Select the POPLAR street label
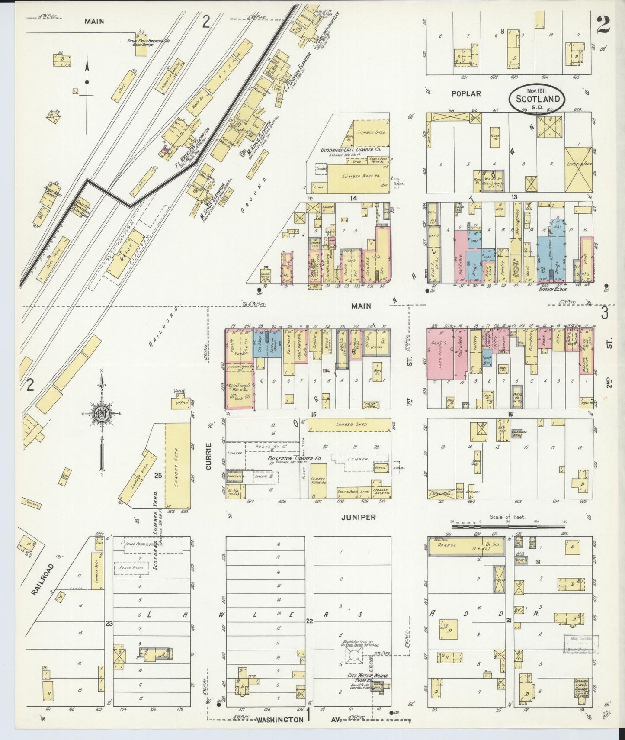[466, 93]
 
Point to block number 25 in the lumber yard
[158, 476]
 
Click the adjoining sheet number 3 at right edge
[604, 312]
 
